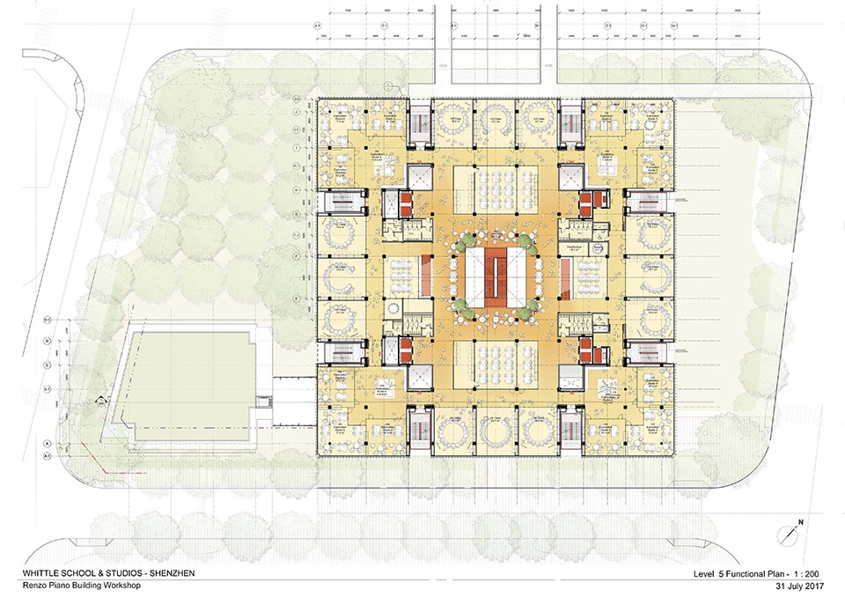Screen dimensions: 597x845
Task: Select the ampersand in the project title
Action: coord(102,574)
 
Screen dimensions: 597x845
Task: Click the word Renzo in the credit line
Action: coord(33,584)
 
